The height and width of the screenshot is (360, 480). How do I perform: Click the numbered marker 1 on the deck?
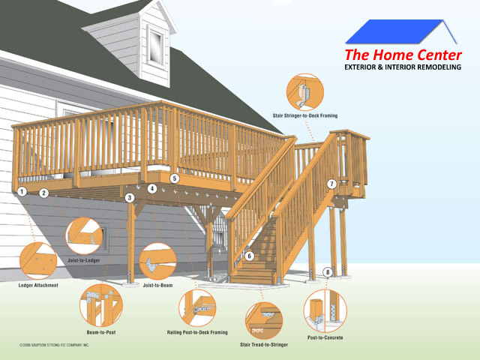(x=22, y=192)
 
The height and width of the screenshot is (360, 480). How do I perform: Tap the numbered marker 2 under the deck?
(x=43, y=193)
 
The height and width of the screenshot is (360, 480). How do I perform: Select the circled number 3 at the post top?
(x=130, y=198)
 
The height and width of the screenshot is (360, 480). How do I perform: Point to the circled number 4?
(x=152, y=188)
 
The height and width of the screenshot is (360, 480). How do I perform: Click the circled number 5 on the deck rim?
(x=175, y=178)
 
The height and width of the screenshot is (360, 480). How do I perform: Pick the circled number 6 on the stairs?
(x=249, y=256)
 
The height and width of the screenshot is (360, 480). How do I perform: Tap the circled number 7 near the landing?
(x=331, y=184)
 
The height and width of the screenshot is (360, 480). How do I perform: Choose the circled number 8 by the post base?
(x=328, y=271)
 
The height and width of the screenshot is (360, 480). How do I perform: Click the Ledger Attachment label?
(x=38, y=285)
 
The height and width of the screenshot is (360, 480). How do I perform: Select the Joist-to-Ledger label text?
(x=84, y=260)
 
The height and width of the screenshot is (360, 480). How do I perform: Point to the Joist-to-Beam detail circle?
(x=158, y=261)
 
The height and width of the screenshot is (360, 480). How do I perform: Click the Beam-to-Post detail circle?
(x=101, y=305)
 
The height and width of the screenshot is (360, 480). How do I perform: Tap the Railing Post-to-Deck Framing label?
(x=197, y=332)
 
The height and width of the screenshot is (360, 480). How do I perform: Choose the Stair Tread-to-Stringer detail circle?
(x=264, y=321)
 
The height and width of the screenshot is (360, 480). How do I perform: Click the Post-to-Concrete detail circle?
(x=325, y=311)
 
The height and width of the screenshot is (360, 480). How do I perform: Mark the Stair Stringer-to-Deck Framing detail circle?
(x=305, y=92)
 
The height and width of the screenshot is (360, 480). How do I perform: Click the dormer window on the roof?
(x=156, y=46)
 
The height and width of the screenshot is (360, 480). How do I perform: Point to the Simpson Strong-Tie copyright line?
(x=54, y=345)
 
